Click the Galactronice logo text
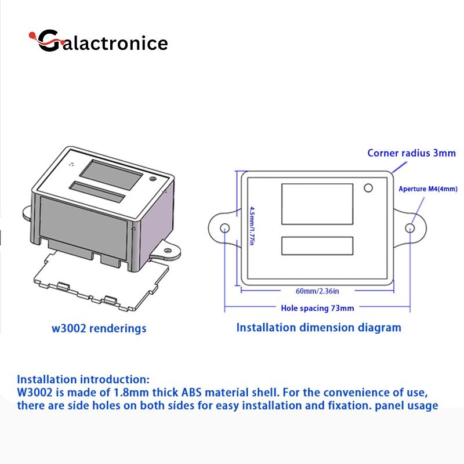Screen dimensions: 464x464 point(99,41)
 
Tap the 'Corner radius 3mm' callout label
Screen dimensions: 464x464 point(411,153)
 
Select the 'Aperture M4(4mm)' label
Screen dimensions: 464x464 point(428,189)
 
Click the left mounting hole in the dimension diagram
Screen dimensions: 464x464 point(225,228)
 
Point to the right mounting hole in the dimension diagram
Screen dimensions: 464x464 point(410,228)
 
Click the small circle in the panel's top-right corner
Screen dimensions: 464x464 point(368,188)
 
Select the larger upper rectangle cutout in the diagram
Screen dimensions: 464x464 point(317,204)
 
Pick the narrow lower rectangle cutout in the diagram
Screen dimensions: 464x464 point(317,245)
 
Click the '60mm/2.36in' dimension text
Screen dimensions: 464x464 point(317,291)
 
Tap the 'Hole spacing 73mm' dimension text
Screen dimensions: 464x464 point(317,309)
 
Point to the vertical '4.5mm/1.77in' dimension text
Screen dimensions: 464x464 point(252,226)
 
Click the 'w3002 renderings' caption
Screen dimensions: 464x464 point(99,328)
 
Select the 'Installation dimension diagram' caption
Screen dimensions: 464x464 point(318,328)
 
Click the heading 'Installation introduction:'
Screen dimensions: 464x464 point(83,379)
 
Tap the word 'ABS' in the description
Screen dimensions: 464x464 point(191,393)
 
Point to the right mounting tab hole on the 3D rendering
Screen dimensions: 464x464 point(168,251)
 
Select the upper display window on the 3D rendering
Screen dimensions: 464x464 point(111,176)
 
